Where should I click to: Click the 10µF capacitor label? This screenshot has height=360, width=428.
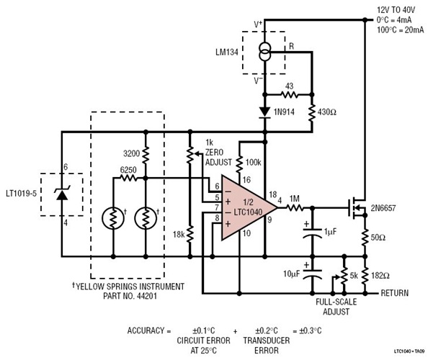(290, 274)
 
